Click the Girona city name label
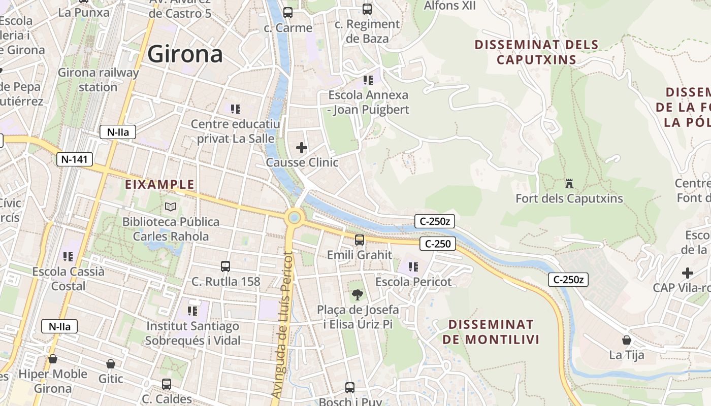pos(185,54)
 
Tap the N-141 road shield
pos(75,159)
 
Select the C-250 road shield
pos(438,244)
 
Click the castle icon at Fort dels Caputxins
pos(569,183)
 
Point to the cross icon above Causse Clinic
pos(302,148)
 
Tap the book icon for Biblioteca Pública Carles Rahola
pos(171,207)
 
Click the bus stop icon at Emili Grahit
pos(360,240)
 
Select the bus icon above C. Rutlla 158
pos(225,266)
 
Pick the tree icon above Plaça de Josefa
pos(358,294)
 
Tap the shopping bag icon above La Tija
pos(627,340)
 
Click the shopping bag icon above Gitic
pos(111,364)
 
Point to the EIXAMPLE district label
pos(160,184)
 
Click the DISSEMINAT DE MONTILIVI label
pos(491,332)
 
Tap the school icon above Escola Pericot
pos(413,266)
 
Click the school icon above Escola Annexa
pos(368,80)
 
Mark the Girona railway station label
pos(98,80)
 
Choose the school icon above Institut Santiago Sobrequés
pos(192,310)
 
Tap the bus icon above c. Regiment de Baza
pos(367,9)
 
